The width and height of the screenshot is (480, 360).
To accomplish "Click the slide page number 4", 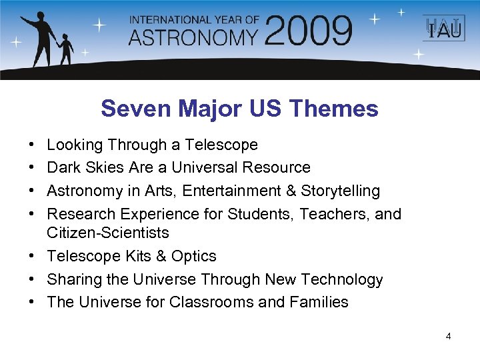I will point(448,337).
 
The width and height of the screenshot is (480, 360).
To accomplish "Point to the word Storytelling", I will point(340,191).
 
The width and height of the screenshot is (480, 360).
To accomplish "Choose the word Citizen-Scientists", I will point(107,233).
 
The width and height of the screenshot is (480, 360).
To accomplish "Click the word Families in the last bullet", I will point(319,302).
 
